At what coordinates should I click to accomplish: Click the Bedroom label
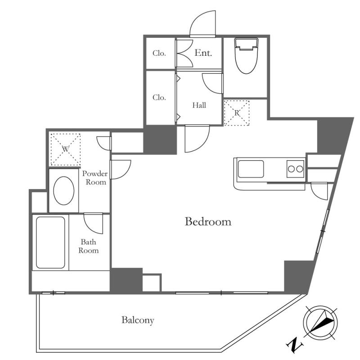click(208, 221)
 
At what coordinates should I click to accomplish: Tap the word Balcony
click(138, 320)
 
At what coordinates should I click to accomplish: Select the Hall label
click(199, 105)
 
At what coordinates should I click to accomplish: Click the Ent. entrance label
click(203, 53)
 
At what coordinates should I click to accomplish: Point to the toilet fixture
click(246, 56)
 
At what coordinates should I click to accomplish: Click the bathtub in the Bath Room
click(50, 243)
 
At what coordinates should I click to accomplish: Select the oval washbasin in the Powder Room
click(63, 190)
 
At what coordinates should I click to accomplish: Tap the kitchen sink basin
click(251, 169)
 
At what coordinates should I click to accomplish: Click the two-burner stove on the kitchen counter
click(295, 169)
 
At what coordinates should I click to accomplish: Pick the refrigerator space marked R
click(237, 113)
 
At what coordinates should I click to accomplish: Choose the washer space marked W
click(65, 149)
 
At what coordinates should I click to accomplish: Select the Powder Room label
click(95, 178)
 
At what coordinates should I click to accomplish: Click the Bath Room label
click(88, 246)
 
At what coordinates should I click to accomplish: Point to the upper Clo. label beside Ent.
click(159, 53)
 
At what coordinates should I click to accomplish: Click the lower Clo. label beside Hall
click(159, 98)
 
